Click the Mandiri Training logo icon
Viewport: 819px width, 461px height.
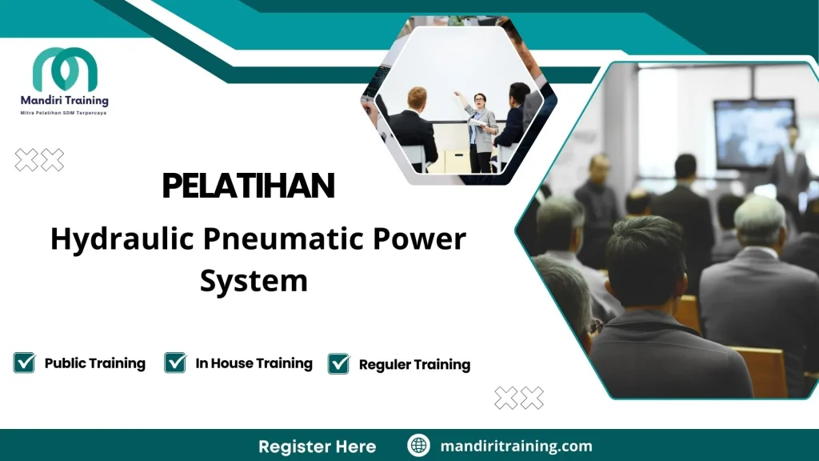(65, 70)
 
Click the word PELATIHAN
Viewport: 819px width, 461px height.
(248, 186)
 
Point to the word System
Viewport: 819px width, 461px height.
(254, 281)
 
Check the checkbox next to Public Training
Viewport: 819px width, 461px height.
(24, 363)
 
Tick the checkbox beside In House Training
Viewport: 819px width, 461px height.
(175, 363)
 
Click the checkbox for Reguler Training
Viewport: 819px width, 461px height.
(339, 363)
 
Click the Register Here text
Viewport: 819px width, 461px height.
(317, 446)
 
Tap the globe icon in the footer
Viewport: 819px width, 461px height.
(418, 446)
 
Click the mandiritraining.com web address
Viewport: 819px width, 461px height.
(516, 446)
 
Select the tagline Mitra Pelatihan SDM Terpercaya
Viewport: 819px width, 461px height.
(64, 113)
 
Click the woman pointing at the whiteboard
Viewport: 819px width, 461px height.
(481, 128)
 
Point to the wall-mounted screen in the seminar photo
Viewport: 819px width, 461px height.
(753, 132)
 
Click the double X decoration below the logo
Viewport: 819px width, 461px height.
(39, 160)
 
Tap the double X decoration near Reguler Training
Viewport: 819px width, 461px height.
(519, 397)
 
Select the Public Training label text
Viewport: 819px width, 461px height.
(94, 363)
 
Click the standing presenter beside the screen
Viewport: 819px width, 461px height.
(791, 160)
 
